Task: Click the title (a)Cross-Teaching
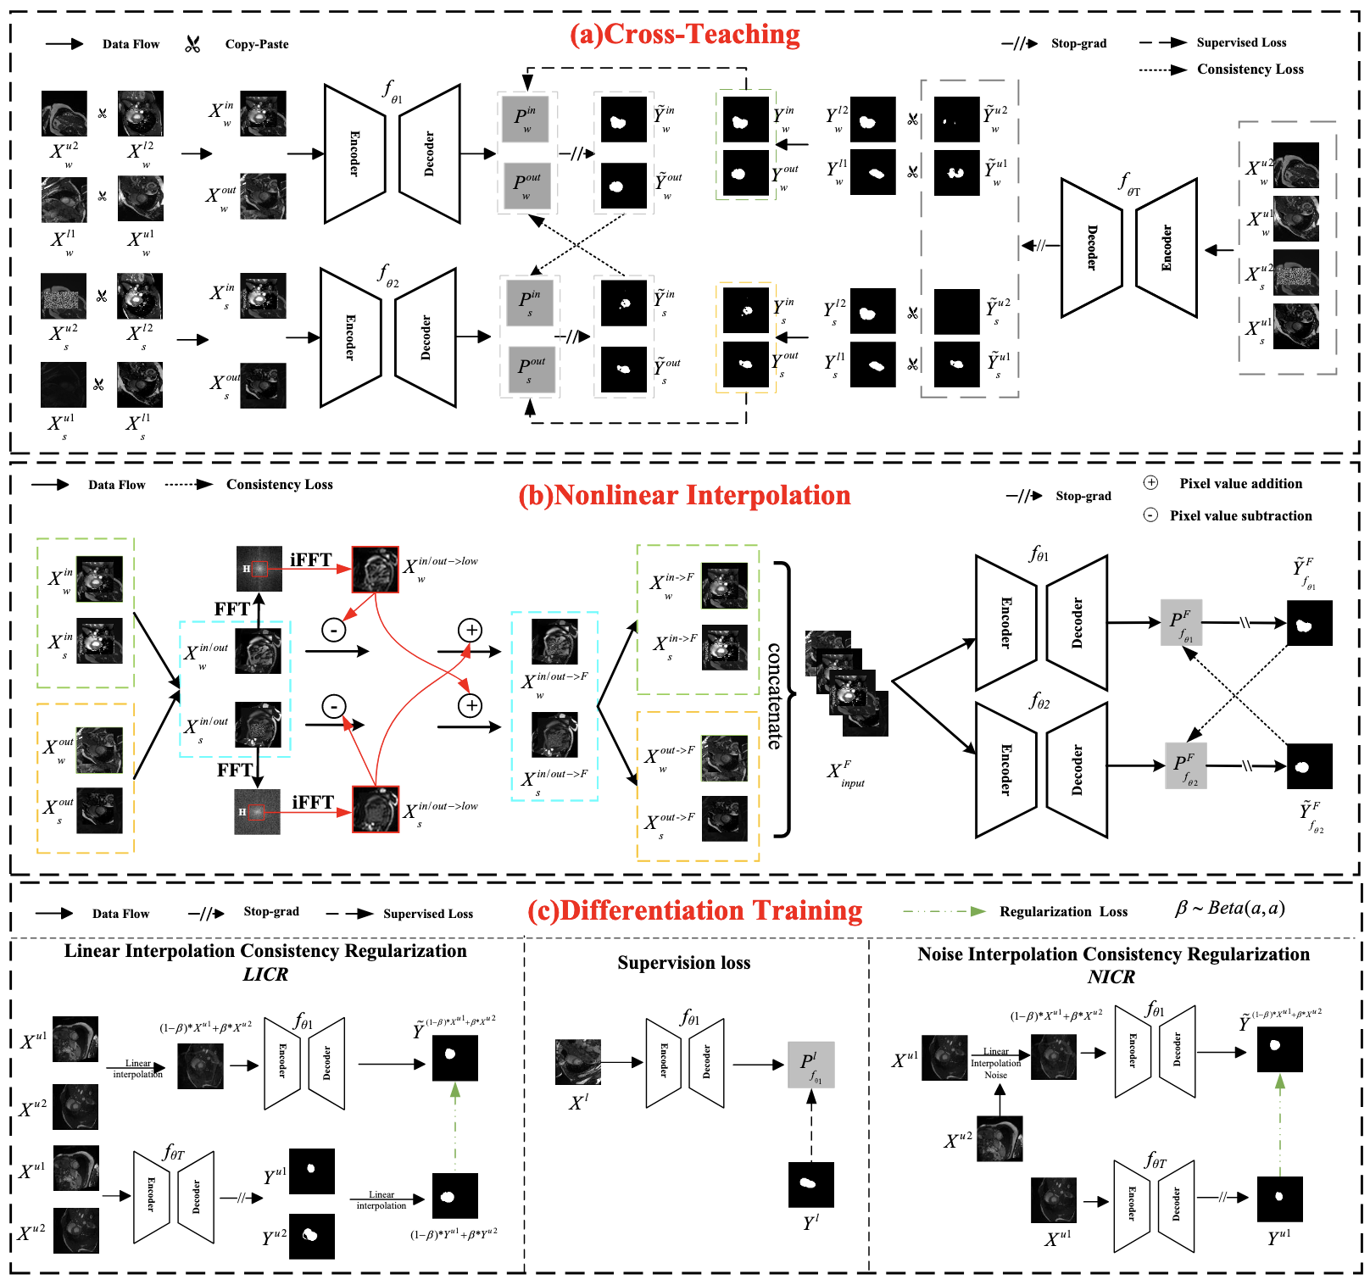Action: (684, 34)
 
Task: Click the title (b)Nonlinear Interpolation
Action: (684, 495)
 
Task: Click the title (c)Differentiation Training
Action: (694, 910)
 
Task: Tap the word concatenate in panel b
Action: (775, 696)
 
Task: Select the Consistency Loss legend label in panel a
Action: (1250, 70)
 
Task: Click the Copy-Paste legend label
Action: (256, 44)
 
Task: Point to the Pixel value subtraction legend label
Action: (1240, 515)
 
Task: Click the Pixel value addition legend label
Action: (1240, 483)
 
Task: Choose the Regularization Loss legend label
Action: (1063, 911)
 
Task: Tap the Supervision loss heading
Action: (683, 963)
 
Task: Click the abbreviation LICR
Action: (265, 975)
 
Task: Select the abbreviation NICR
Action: (1111, 977)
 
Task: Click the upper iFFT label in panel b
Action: (310, 559)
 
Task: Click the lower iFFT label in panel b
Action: (313, 802)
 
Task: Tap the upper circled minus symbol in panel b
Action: (334, 630)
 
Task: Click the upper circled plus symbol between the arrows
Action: (470, 630)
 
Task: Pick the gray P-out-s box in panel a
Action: (532, 369)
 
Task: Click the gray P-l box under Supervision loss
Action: (810, 1065)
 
